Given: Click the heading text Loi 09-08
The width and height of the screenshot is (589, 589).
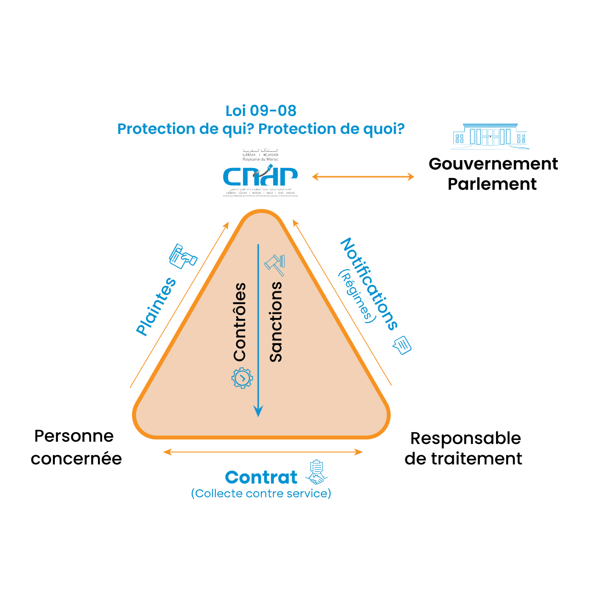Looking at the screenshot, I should click(261, 111).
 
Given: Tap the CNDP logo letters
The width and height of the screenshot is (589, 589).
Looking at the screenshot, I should click(260, 176).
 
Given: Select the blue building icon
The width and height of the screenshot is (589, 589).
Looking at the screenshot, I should click(490, 136).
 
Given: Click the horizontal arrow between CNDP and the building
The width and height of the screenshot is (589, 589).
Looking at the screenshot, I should click(363, 176).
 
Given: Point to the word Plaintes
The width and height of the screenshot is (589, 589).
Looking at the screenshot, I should click(156, 306).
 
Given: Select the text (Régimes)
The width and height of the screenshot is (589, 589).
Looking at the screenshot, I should click(355, 297).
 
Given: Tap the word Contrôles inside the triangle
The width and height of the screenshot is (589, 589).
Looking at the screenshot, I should click(240, 322).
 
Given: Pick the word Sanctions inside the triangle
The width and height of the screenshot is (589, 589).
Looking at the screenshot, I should click(276, 322).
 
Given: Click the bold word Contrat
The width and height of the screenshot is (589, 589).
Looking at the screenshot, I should click(261, 478).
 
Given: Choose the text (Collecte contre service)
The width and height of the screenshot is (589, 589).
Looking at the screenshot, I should click(261, 494).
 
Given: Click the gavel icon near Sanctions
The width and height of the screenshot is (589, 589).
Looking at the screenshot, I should click(275, 265).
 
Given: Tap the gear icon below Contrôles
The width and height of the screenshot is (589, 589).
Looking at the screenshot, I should click(242, 378).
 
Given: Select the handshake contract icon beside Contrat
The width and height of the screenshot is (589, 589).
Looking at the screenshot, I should click(316, 472).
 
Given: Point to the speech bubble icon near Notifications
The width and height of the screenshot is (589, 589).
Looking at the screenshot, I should click(402, 345).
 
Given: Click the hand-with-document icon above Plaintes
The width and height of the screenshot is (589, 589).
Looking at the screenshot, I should click(183, 256).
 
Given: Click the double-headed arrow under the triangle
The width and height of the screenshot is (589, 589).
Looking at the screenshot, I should click(263, 452).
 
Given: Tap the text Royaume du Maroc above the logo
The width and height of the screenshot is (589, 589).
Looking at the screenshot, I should click(260, 159).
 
